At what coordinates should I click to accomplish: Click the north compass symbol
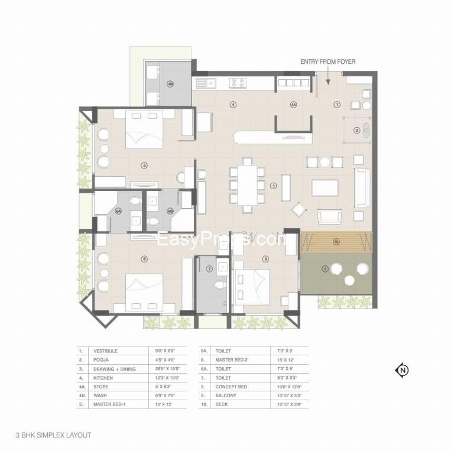pos(402,371)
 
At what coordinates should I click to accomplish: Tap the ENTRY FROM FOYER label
pos(327,61)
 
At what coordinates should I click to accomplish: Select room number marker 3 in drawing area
pos(274,186)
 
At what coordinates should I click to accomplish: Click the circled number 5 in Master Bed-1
pos(144,166)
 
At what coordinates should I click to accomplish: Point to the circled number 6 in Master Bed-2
pos(144,258)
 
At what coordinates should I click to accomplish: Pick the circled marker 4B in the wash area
pos(171,84)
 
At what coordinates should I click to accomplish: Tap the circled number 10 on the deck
pos(336,241)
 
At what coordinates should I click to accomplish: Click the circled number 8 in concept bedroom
pos(265,258)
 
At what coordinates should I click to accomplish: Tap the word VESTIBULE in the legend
pos(106,351)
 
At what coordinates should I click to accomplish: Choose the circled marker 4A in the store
pos(293,105)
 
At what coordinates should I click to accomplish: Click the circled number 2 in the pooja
pos(356,130)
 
